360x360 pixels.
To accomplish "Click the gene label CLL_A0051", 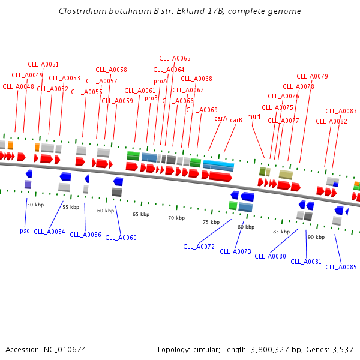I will coord(43,64).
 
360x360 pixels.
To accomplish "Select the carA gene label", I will coord(221,118).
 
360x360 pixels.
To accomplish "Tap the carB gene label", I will coord(236,120).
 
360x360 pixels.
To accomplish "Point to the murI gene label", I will coord(254,116).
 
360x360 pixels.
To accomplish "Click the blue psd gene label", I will coord(25,230).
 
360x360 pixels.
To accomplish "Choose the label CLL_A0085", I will coord(341,267).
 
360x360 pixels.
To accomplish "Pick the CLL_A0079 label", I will coord(312,76).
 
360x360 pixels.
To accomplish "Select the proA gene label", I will coord(160,81).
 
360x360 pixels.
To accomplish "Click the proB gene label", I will coord(151,98).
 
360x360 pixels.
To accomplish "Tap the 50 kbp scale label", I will coord(35,205).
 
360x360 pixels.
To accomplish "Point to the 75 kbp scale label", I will coord(211,222).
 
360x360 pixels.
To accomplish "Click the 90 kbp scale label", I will coord(316,237).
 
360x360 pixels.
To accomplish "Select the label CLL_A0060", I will coord(121,238).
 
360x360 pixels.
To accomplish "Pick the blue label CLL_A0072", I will coord(199,247).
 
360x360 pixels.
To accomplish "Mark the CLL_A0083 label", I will coord(341,111).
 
